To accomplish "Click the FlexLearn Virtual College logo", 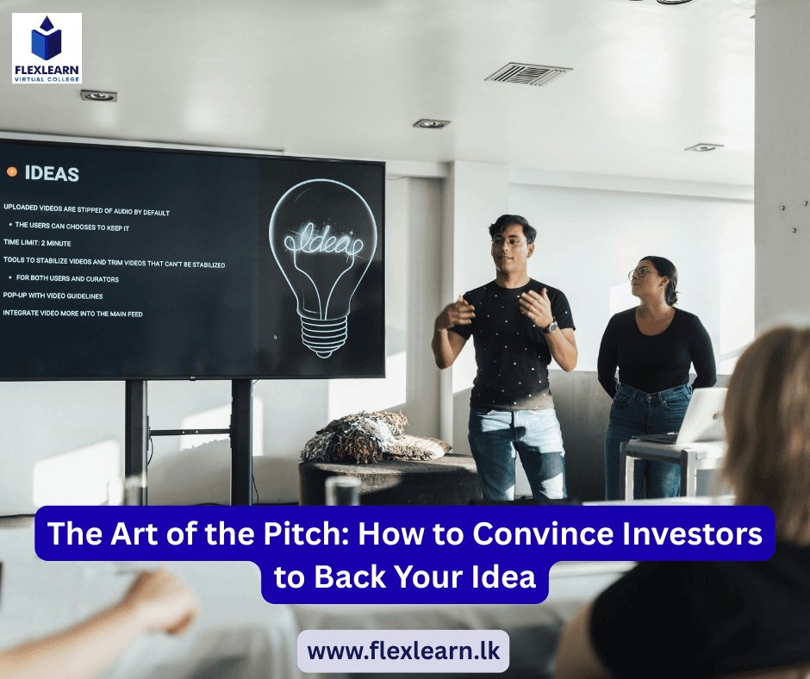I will click(47, 48).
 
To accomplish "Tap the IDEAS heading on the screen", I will click(52, 173).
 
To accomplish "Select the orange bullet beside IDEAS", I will click(12, 171).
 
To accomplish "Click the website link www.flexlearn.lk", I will click(403, 651).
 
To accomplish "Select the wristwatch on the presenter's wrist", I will click(551, 327).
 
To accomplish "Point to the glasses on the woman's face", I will click(639, 274).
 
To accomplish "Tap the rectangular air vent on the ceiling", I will click(528, 73).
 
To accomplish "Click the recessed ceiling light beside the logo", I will click(98, 96).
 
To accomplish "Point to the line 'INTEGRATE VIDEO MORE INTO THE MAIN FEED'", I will click(73, 314).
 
